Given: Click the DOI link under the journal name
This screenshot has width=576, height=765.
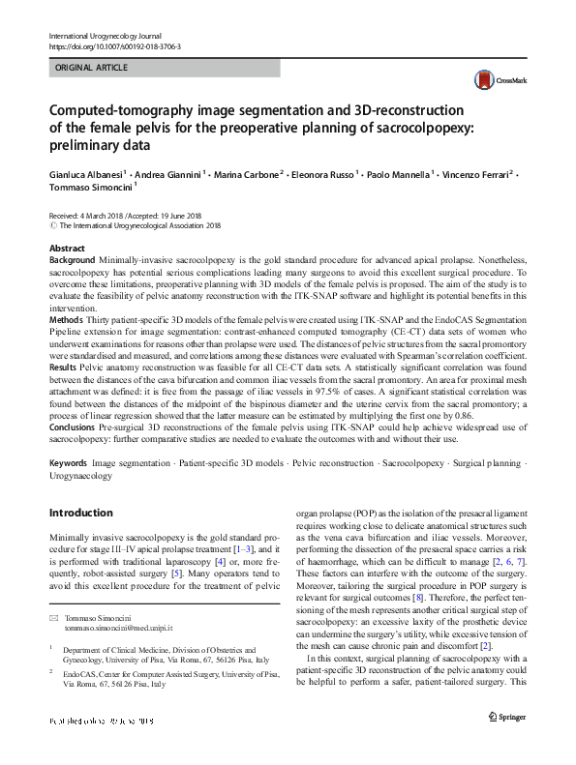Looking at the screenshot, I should pyautogui.click(x=114, y=45).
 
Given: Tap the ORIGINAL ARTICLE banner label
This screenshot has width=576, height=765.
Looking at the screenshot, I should pyautogui.click(x=93, y=68).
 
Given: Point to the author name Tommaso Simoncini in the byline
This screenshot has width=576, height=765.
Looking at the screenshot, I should pyautogui.click(x=86, y=190).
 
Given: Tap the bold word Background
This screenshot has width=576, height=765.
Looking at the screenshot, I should pyautogui.click(x=72, y=260).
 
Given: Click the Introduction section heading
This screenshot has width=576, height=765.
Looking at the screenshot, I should pyautogui.click(x=80, y=513).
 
